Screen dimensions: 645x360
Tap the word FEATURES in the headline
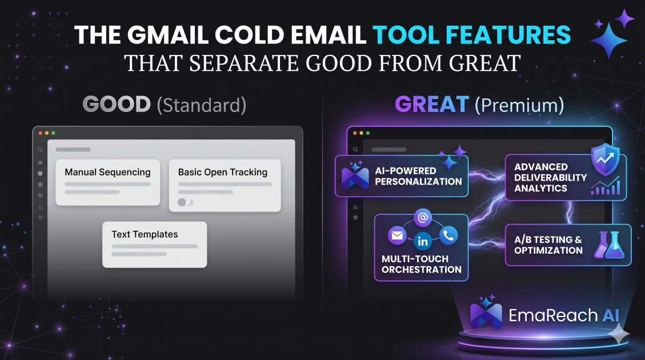coord(508,35)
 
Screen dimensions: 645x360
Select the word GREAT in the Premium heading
coord(432,104)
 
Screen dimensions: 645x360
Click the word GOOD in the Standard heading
coord(117,104)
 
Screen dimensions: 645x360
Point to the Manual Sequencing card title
coord(107,172)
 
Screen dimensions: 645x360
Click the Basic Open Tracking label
coord(223,172)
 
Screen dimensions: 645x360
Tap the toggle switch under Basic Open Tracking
coord(185,202)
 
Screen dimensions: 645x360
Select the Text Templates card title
coord(145,234)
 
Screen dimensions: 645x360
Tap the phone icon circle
coord(448,235)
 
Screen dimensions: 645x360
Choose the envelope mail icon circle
coord(397,236)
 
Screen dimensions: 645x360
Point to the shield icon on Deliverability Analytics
coord(605,159)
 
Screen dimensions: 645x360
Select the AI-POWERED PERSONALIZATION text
coord(418,176)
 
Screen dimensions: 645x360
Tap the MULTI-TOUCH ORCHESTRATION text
coord(421,264)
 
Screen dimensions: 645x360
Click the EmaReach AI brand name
coord(564,315)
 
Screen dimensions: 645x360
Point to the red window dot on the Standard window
coord(41,133)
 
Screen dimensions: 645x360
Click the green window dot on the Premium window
coord(368,133)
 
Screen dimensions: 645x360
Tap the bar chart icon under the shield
coord(606,186)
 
